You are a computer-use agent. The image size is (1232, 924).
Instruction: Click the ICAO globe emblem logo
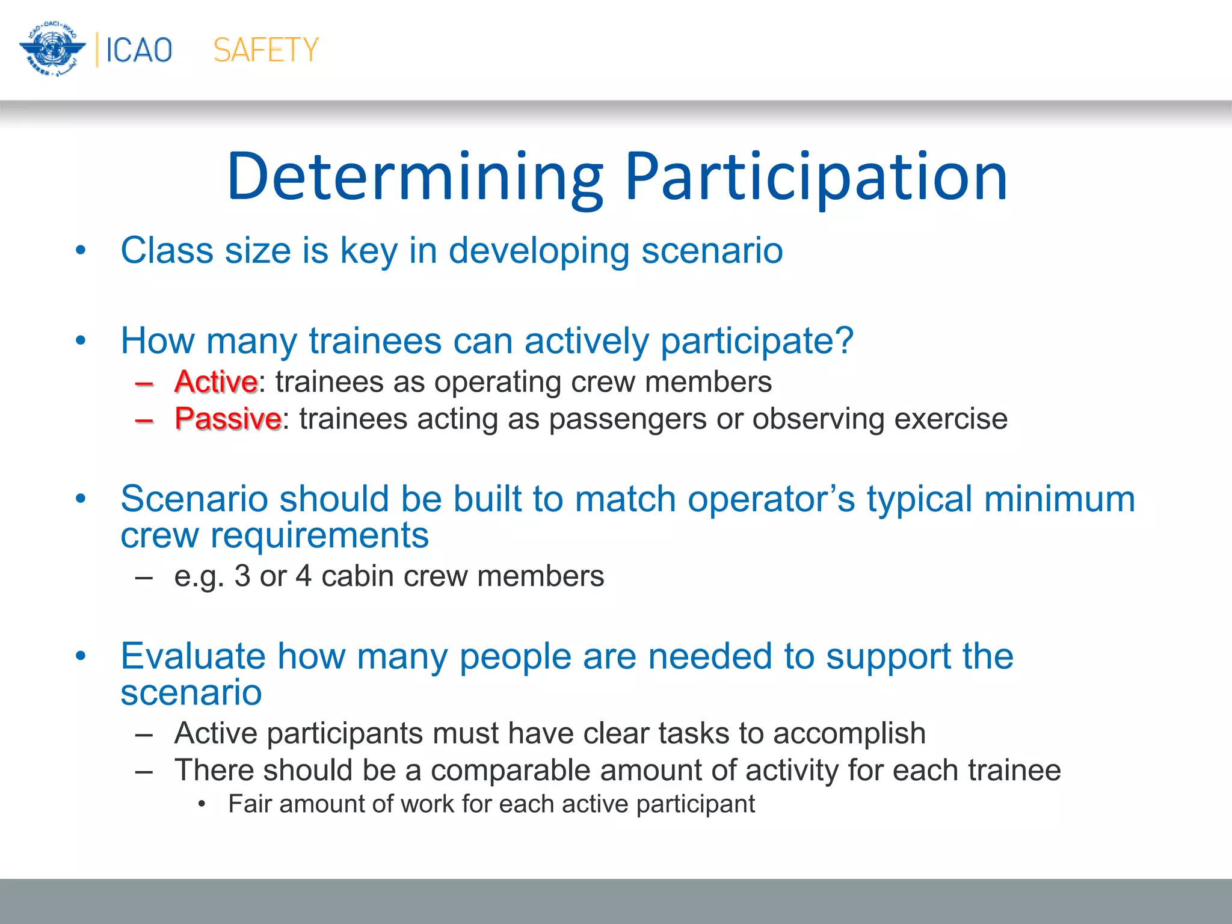click(53, 49)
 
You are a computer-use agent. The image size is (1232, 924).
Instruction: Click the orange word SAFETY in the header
click(265, 50)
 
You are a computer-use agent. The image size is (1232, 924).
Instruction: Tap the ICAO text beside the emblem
click(139, 50)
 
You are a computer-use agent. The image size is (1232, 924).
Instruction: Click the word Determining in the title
click(415, 177)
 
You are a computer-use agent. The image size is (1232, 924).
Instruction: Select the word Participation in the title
click(816, 177)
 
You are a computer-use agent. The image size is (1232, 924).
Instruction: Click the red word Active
click(216, 382)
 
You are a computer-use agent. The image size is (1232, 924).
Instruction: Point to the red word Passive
click(227, 419)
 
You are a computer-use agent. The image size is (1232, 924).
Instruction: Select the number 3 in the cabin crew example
click(242, 576)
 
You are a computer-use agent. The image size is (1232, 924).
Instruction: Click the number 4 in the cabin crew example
click(304, 576)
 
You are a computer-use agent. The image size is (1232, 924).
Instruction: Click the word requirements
click(319, 535)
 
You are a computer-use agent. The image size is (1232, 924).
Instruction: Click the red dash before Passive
click(144, 420)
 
